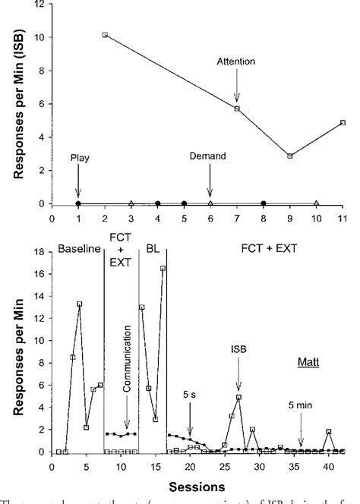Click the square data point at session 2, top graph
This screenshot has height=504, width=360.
(105, 35)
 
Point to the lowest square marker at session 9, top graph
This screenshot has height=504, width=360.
(289, 156)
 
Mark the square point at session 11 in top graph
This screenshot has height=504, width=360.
(343, 122)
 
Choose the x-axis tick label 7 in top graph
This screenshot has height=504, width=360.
(237, 216)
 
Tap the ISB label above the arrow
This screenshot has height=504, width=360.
(238, 351)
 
